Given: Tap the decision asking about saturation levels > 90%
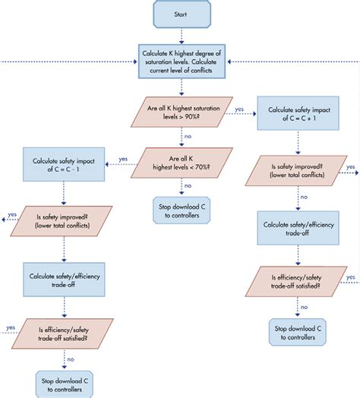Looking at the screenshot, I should click(x=181, y=112).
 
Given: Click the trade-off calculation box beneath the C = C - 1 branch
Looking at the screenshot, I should click(x=64, y=275).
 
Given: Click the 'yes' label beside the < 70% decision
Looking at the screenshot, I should click(x=123, y=159).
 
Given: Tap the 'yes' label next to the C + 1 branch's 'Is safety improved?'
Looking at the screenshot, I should click(x=350, y=166).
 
